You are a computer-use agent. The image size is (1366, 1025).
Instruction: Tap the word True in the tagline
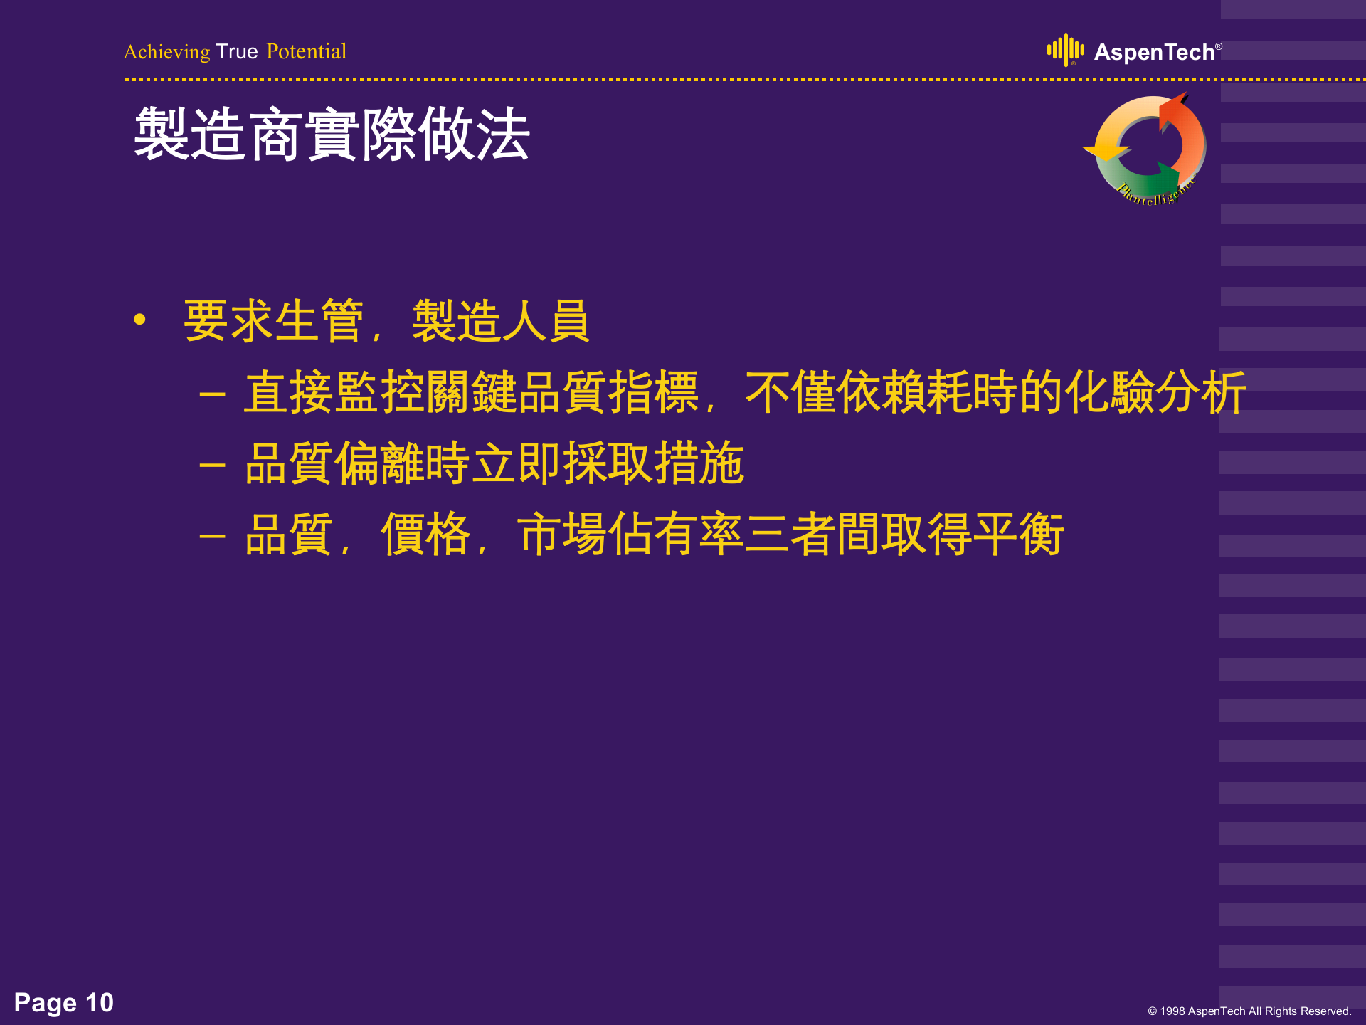click(x=237, y=51)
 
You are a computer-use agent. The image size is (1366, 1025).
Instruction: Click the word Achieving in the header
click(x=166, y=52)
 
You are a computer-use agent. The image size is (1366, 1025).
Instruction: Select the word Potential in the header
click(x=306, y=51)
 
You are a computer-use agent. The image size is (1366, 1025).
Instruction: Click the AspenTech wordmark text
click(x=1153, y=52)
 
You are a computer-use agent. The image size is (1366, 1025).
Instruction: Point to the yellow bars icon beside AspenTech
click(x=1065, y=50)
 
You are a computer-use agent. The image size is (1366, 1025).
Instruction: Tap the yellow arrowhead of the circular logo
click(x=1105, y=150)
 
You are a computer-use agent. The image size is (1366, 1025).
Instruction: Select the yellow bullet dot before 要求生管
click(x=139, y=320)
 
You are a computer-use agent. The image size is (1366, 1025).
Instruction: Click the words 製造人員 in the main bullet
click(x=500, y=321)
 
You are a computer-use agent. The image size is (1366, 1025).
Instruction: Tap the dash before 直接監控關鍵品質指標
click(x=212, y=393)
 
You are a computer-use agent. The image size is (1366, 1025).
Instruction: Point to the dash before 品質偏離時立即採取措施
click(x=212, y=465)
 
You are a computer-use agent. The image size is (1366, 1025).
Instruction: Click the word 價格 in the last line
click(x=425, y=535)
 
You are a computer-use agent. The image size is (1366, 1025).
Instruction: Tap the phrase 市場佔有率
click(x=630, y=535)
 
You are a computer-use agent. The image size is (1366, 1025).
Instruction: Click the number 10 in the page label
click(x=100, y=1002)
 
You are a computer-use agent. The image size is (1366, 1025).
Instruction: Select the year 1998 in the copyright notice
click(x=1172, y=1011)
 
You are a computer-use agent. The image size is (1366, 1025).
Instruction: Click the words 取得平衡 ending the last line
click(x=972, y=535)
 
